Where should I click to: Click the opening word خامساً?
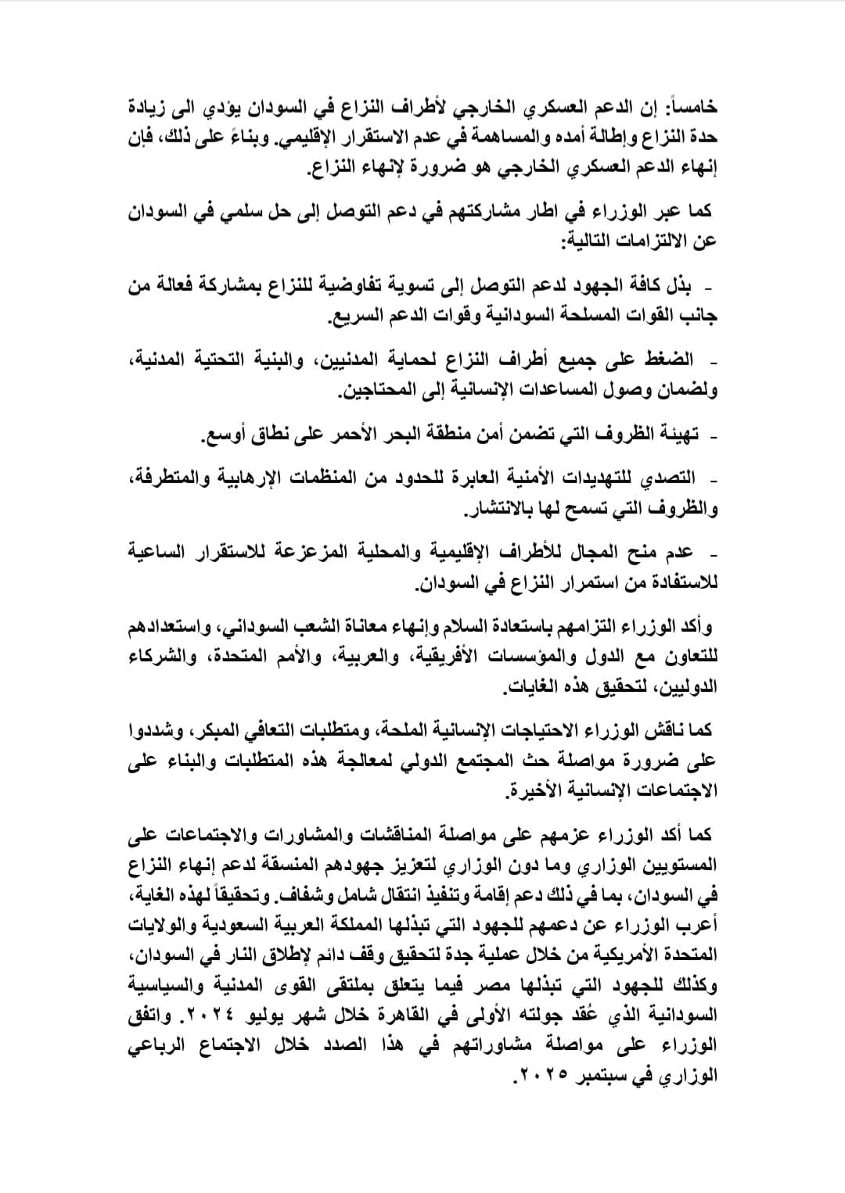pos(689,107)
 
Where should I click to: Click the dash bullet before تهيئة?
pos(713,435)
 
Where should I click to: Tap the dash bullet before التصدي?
pos(713,477)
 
